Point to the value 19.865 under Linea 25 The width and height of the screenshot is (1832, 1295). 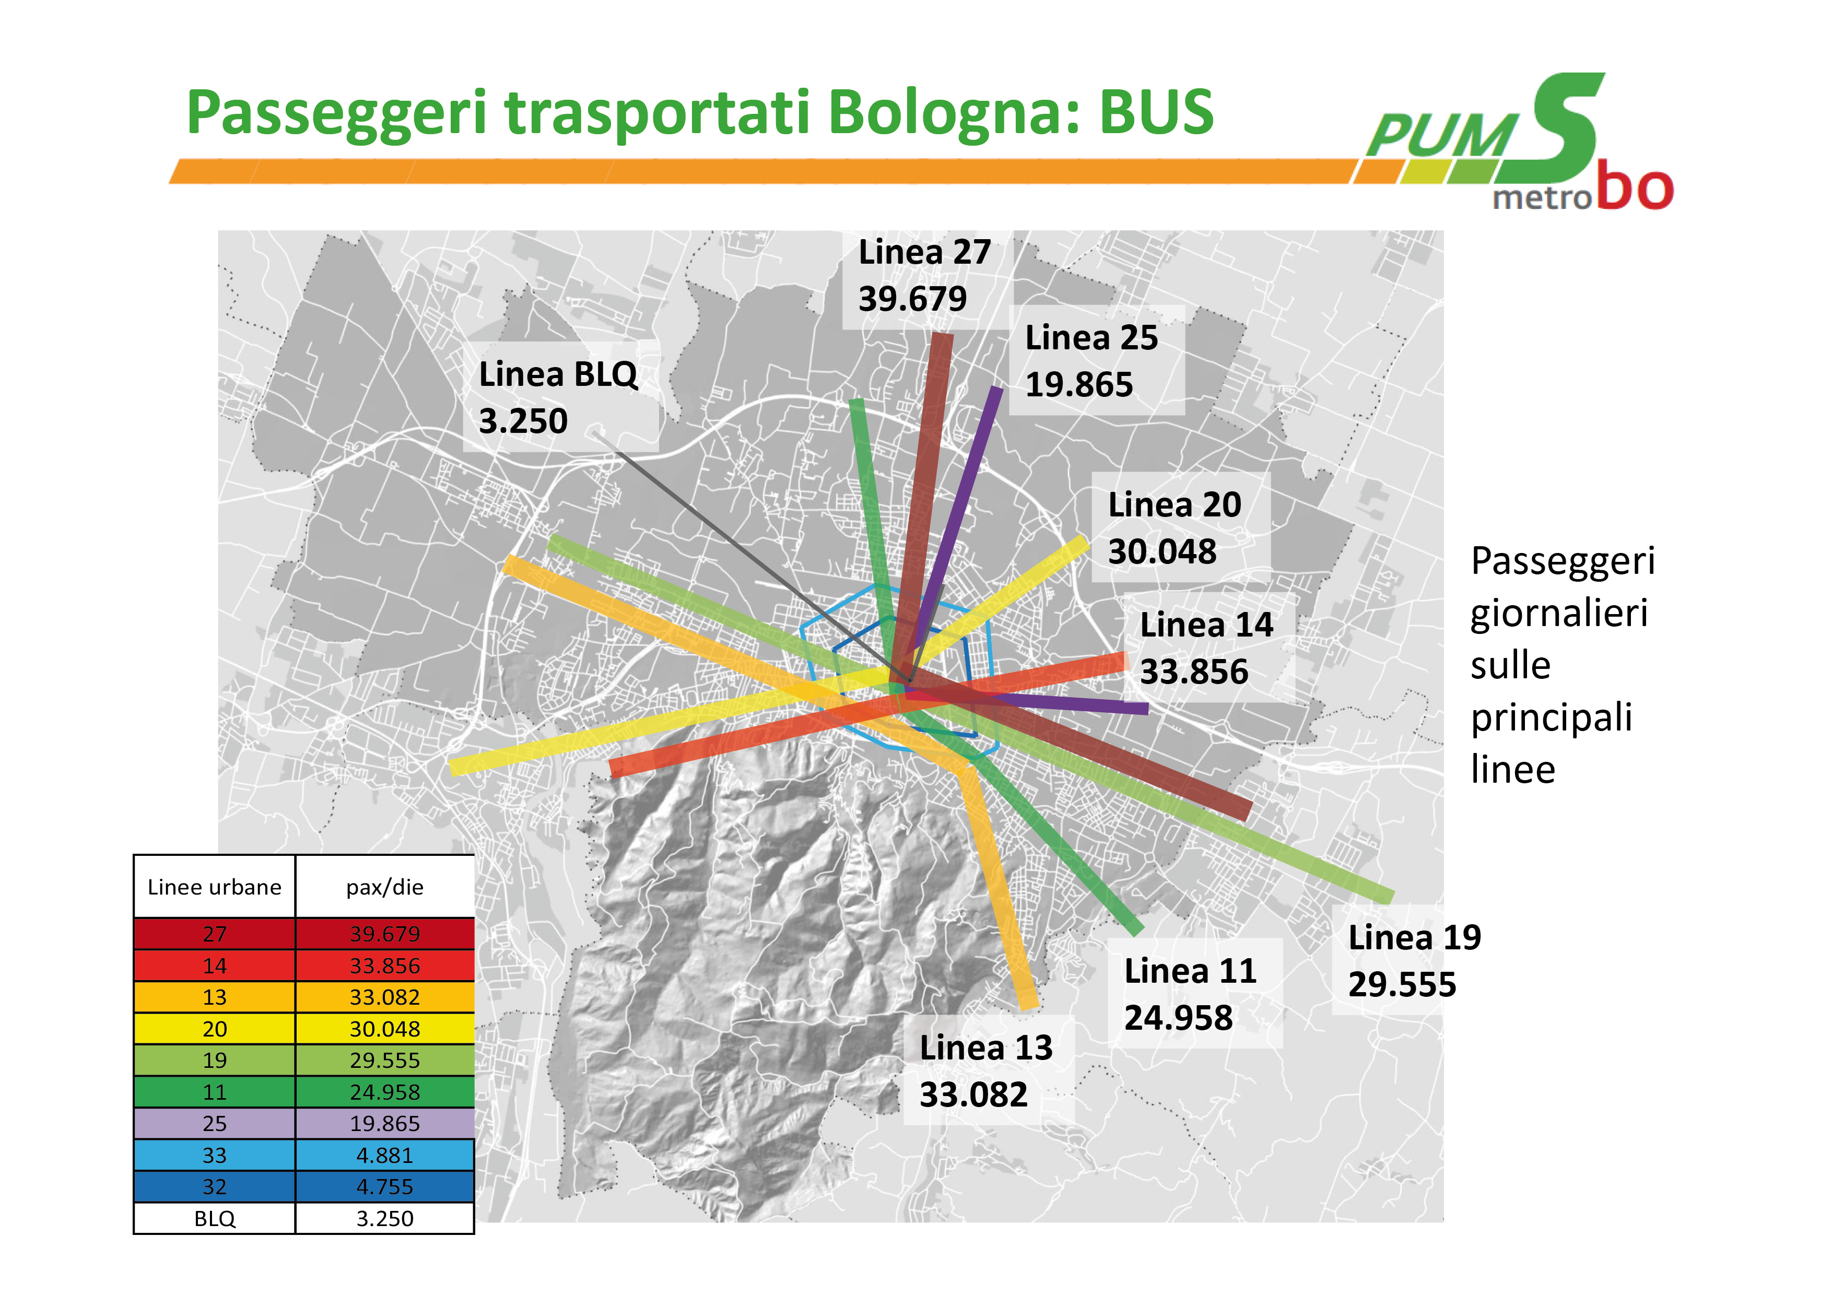click(1079, 385)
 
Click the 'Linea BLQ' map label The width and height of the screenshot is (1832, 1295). click(558, 374)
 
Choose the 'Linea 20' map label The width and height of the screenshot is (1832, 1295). click(1175, 504)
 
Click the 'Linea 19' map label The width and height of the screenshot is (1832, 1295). click(1415, 937)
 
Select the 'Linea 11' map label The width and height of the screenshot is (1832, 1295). click(1191, 971)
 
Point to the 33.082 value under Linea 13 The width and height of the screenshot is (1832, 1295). click(973, 1094)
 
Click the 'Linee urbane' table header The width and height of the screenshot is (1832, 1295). click(215, 887)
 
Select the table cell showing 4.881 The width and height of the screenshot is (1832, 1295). click(384, 1156)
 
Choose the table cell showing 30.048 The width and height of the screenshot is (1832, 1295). click(384, 1029)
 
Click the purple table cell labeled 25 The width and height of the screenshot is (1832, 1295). click(215, 1123)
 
